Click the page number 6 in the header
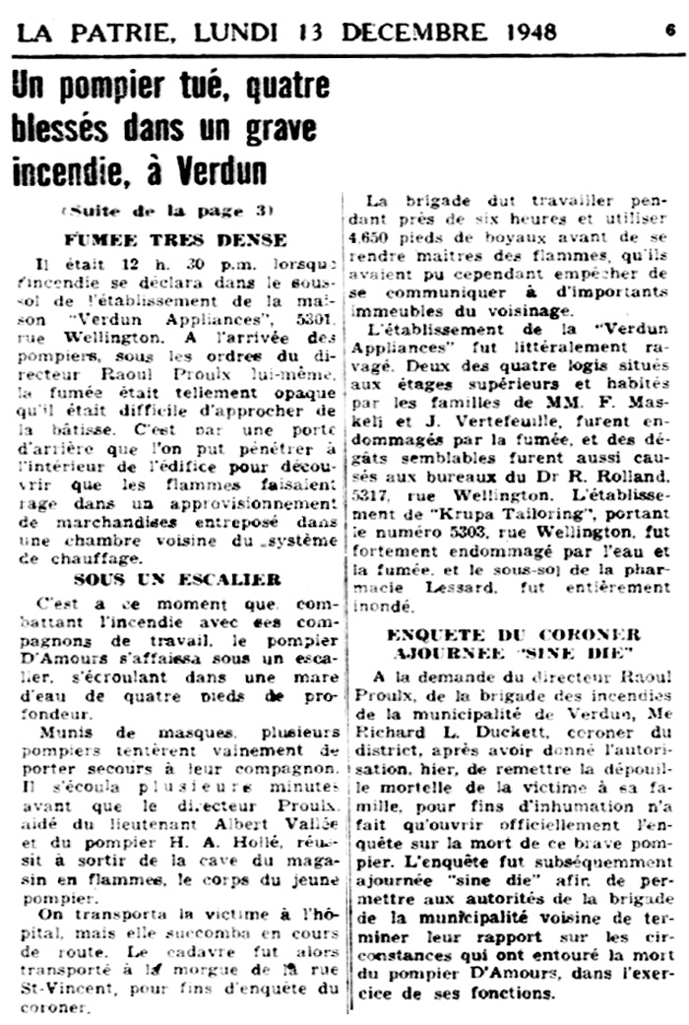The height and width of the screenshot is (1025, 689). (669, 29)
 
